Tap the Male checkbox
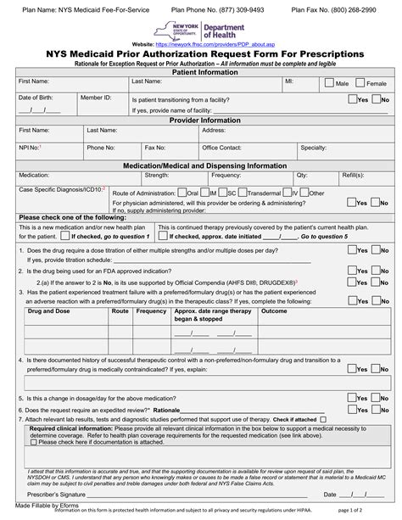pyautogui.click(x=330, y=84)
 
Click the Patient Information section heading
pyautogui.click(x=201, y=71)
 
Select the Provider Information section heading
pyautogui.click(x=201, y=120)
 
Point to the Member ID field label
pyautogui.click(x=95, y=98)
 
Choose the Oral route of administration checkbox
pyautogui.click(x=181, y=193)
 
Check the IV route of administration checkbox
pyautogui.click(x=286, y=193)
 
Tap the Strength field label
pyautogui.click(x=157, y=175)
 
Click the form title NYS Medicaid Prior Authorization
pyautogui.click(x=201, y=53)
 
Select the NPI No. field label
pyautogui.click(x=30, y=147)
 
